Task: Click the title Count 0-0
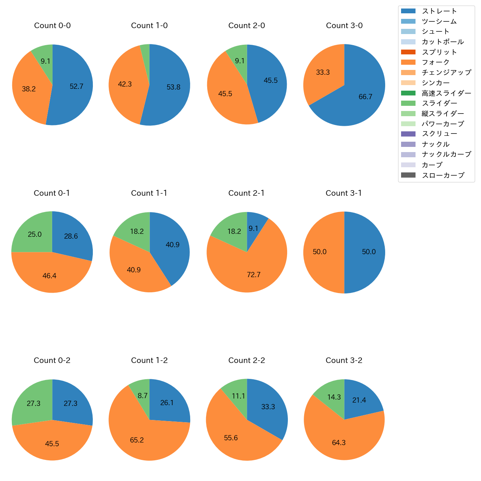tap(52, 26)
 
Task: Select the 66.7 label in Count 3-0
tap(365, 97)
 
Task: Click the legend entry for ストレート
tap(439, 11)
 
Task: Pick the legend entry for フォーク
tap(435, 62)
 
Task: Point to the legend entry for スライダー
tap(439, 103)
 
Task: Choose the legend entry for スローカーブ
tap(443, 175)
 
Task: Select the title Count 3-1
tap(344, 193)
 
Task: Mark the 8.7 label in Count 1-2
tap(142, 396)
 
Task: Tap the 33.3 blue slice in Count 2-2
tap(268, 407)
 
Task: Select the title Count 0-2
tap(52, 360)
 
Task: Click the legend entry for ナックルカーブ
tap(446, 155)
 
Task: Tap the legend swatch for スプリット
tap(408, 52)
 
